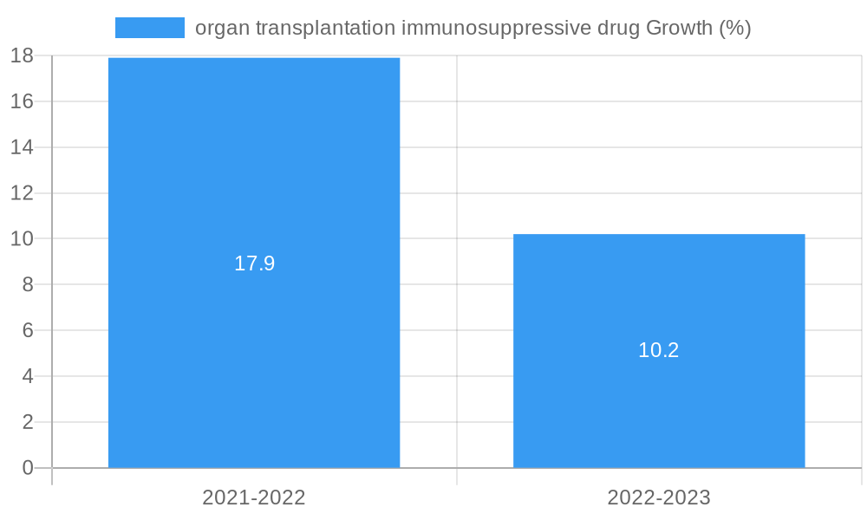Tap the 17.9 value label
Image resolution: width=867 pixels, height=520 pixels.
254,263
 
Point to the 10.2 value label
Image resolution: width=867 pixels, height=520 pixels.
659,350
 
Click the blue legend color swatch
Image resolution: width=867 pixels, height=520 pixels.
149,28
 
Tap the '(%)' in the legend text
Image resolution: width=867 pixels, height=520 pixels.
734,28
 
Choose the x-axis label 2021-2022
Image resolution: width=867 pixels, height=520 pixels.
254,497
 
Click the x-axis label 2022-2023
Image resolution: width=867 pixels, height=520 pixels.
659,497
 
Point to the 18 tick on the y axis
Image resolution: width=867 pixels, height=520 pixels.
22,56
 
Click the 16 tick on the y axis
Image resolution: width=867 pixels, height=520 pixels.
22,101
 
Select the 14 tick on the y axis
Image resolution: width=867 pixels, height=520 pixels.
22,147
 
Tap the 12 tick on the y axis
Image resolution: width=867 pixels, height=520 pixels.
22,193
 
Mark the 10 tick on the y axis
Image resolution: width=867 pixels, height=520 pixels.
22,239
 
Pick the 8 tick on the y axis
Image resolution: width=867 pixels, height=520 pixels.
28,284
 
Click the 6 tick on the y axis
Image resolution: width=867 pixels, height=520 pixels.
28,330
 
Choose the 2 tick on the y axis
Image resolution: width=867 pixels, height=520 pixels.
28,422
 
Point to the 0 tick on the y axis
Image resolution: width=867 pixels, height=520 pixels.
28,468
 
